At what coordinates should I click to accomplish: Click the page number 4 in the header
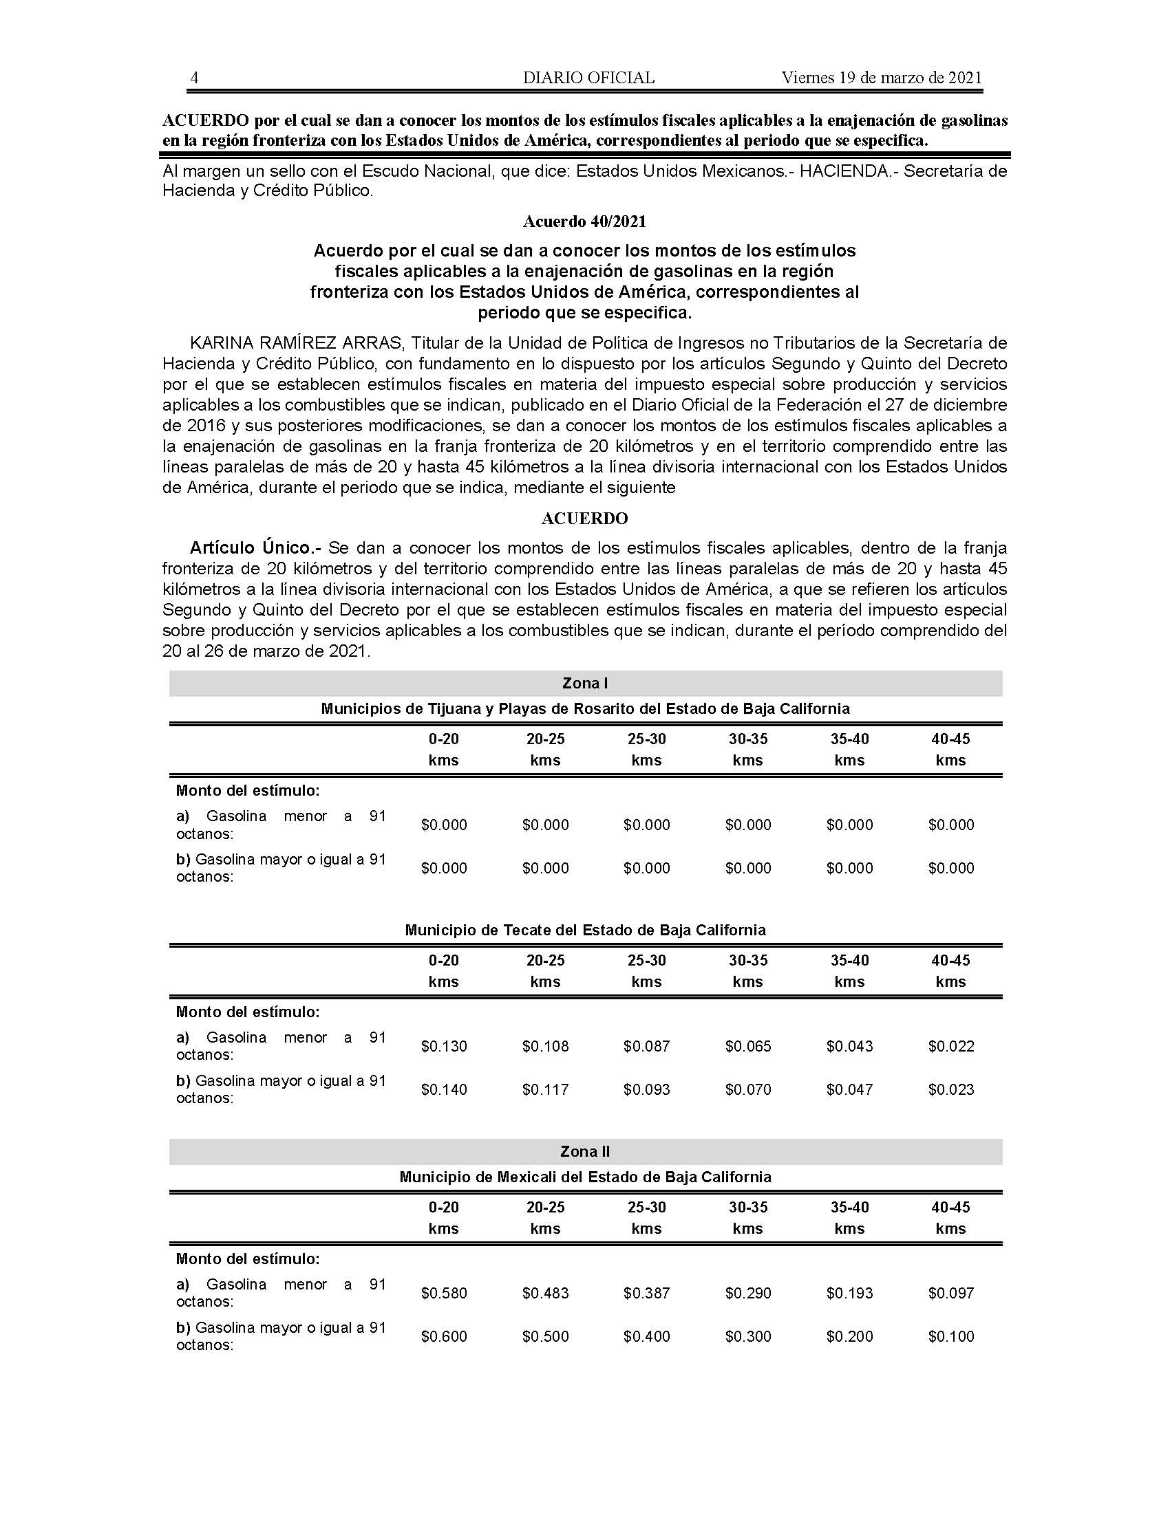tap(194, 78)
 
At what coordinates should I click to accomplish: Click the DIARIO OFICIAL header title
tap(588, 78)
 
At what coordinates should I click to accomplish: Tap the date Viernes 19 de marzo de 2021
tap(882, 78)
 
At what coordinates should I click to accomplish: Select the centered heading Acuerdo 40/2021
tap(584, 221)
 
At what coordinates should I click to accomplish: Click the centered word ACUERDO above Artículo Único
tap(584, 519)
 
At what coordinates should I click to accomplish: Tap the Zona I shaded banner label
tap(585, 684)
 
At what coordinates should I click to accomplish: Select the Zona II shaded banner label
tap(585, 1152)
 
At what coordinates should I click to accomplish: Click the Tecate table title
tap(585, 930)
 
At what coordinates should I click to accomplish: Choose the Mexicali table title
tap(585, 1177)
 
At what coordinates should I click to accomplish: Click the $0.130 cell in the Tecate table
tap(444, 1046)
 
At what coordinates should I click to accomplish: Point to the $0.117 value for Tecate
tap(546, 1090)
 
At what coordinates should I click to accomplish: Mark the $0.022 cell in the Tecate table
tap(951, 1046)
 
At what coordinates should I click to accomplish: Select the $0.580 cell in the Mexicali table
tap(444, 1293)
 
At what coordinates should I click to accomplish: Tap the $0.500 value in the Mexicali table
tap(546, 1336)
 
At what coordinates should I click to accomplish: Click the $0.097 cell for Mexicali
tap(951, 1293)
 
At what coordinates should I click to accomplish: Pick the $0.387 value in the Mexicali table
tap(647, 1293)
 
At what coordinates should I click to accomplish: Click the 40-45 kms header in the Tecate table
tap(950, 970)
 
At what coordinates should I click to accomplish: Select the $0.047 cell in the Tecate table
tap(849, 1090)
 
